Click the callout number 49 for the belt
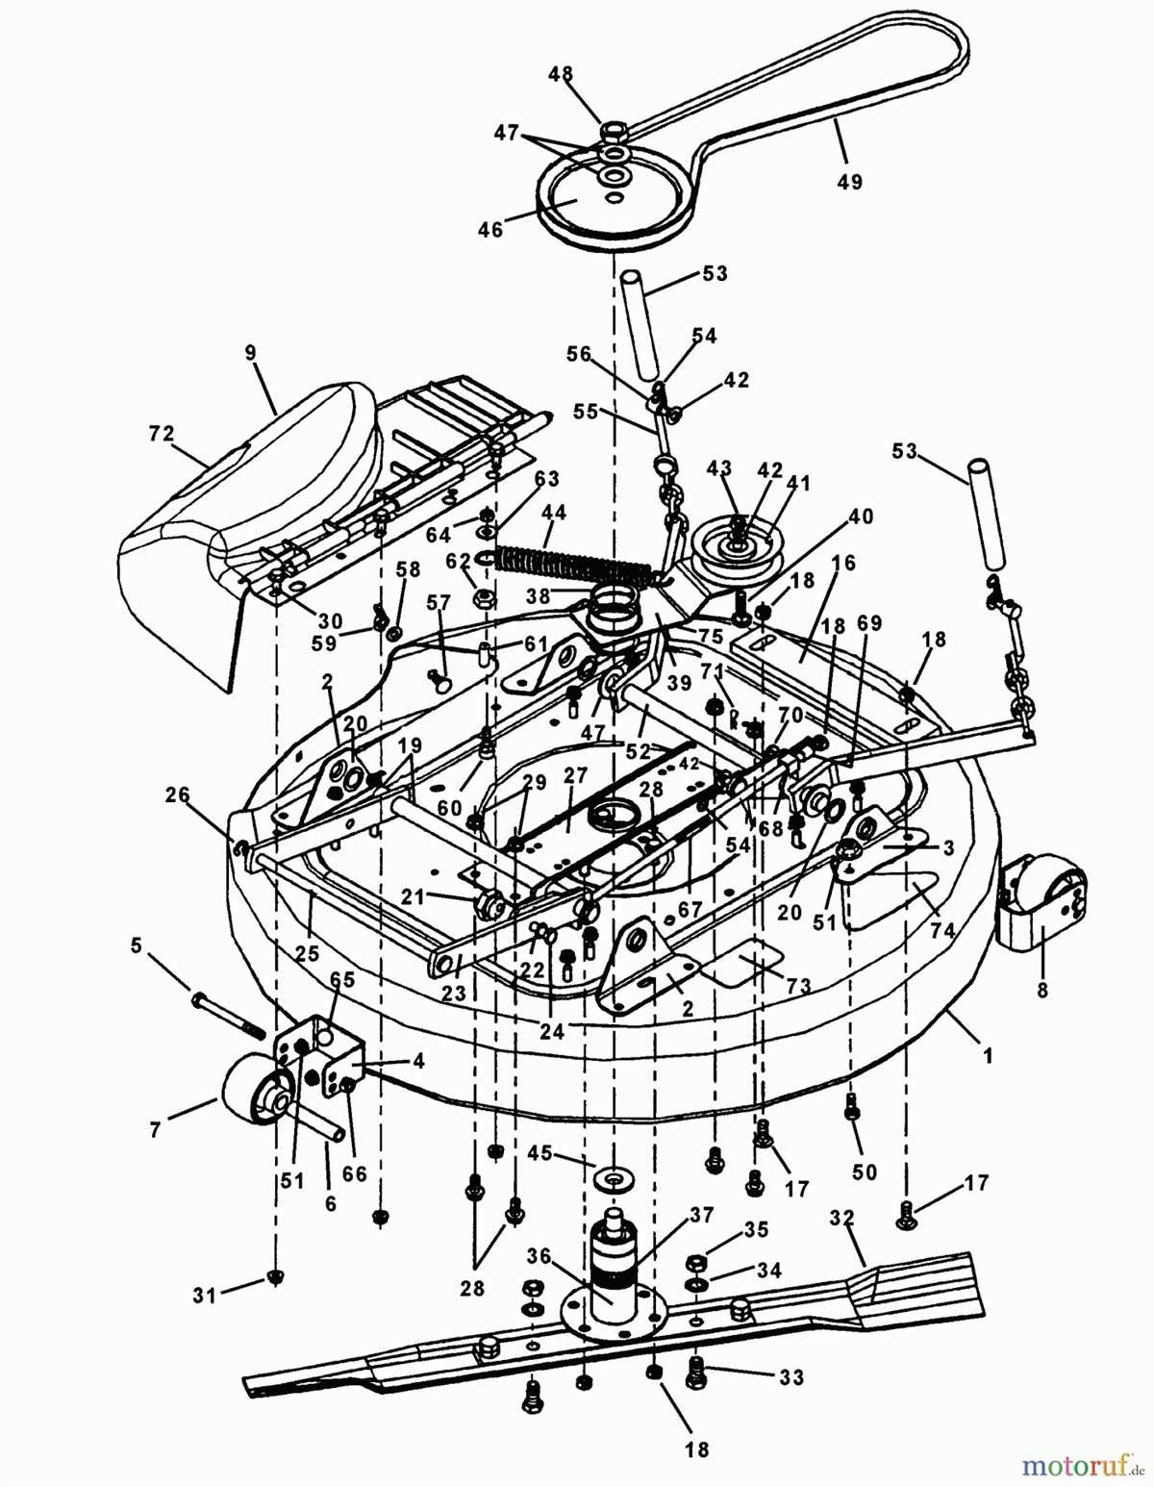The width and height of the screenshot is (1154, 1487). click(849, 180)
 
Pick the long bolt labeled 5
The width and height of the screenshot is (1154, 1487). click(228, 1016)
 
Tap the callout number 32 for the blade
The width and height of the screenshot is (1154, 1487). click(841, 1218)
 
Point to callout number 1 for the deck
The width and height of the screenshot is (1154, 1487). click(986, 1055)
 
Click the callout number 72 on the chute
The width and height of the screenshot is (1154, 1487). click(162, 434)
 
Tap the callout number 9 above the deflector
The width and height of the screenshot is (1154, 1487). click(251, 353)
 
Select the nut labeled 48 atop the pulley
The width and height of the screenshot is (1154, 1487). click(613, 128)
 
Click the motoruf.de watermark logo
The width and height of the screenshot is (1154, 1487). click(1081, 1466)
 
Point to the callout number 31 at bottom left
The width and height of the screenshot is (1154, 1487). click(204, 1296)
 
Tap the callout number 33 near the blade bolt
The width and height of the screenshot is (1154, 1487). click(790, 1377)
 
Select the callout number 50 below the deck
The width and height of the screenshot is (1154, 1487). click(865, 1171)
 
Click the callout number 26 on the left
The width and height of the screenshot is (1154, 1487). click(177, 795)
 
